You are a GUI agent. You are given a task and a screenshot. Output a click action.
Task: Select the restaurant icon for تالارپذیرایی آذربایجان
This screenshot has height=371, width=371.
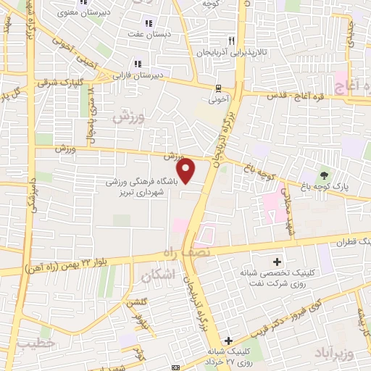231,41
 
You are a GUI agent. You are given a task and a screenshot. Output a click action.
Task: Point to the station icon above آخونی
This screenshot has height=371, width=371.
218,88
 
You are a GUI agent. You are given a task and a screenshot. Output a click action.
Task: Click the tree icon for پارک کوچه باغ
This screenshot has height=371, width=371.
323,174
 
